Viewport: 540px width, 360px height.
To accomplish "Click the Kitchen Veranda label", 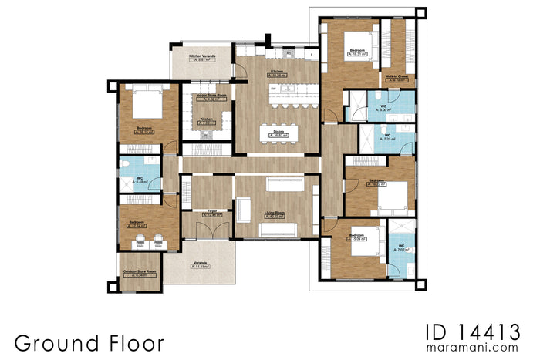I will [x=203, y=56].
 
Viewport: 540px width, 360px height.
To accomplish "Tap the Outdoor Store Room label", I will [x=140, y=272].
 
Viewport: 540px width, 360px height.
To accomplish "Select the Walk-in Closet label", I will [x=397, y=77].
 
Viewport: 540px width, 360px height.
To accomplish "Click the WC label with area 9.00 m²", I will [x=383, y=107].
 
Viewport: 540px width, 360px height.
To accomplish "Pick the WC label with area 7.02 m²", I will [x=400, y=247].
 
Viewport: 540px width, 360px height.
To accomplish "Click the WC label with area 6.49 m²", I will [x=139, y=179].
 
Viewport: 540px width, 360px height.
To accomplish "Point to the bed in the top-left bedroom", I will [x=143, y=101].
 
